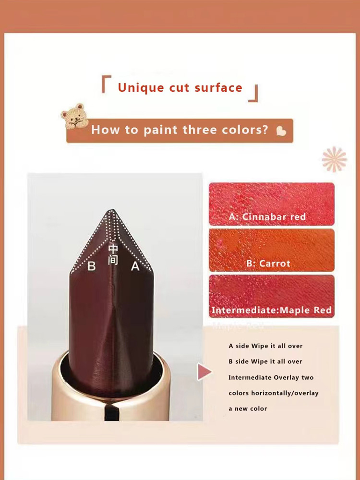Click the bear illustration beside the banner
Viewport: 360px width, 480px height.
74,116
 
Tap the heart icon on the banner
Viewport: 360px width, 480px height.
281,131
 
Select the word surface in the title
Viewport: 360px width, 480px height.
218,88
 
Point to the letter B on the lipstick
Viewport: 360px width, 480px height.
91,266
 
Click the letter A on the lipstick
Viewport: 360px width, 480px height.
135,266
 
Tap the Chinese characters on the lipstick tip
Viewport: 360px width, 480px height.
113,254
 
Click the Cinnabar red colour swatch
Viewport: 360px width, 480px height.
272,204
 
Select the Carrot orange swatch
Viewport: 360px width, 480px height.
272,250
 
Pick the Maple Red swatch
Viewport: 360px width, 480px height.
272,296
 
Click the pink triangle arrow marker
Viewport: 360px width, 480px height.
204,372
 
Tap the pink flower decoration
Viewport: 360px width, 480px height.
334,159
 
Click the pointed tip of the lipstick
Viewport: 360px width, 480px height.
112,210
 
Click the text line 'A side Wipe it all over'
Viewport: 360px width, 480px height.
265,346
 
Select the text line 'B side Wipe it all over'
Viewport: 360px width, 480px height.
265,361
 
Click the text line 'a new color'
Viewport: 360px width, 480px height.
248,408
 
